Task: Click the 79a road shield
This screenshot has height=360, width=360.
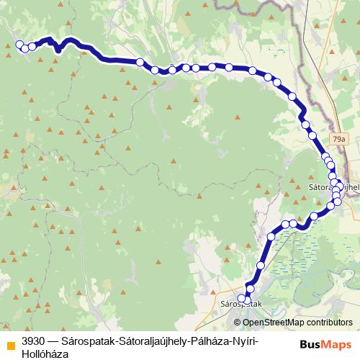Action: click(339, 138)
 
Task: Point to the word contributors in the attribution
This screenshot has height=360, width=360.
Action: click(330, 323)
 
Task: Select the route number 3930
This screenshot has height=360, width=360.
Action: click(34, 340)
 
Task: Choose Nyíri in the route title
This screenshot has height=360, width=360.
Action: click(248, 340)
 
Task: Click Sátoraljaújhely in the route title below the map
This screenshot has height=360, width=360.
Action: click(152, 340)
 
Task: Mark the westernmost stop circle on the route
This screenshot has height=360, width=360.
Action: click(19, 45)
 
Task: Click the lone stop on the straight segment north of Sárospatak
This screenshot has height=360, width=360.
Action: click(261, 266)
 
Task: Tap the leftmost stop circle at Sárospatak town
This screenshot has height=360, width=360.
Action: click(242, 298)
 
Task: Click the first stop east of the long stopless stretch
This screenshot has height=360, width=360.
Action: click(141, 63)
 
